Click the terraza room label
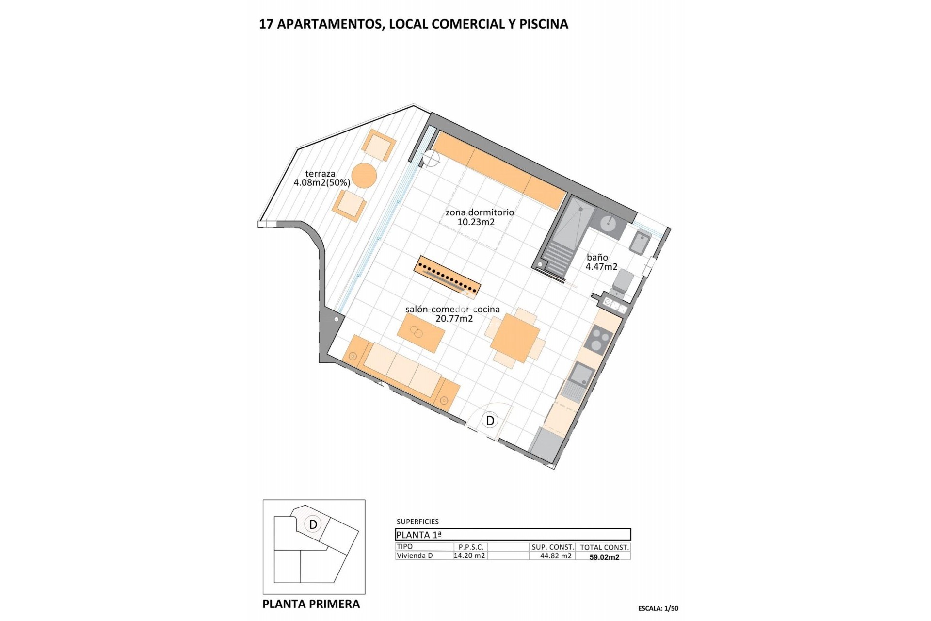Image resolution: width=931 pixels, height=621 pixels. click(x=320, y=174)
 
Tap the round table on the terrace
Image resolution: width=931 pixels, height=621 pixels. click(x=364, y=176)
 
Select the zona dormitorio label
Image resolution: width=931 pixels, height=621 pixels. click(x=480, y=212)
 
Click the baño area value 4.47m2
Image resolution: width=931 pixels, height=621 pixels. click(x=601, y=267)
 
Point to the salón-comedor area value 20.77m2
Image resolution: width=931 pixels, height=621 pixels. click(x=454, y=319)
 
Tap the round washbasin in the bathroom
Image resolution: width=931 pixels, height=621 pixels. click(x=608, y=224)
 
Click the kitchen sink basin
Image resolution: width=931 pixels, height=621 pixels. click(x=581, y=374)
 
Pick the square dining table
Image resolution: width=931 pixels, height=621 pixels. click(x=515, y=338)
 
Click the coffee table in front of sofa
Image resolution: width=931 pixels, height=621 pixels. click(x=421, y=333)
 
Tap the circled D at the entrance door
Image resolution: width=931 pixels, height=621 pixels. click(x=490, y=420)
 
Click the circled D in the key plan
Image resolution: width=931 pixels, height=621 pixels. click(x=313, y=524)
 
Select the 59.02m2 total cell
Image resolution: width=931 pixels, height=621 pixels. click(x=604, y=557)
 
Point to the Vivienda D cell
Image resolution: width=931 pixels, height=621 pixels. click(x=415, y=556)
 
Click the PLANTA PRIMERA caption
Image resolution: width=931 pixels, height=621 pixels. click(x=311, y=604)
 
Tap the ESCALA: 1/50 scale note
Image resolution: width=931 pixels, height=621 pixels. click(x=658, y=608)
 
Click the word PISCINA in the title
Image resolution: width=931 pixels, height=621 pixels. click(x=544, y=24)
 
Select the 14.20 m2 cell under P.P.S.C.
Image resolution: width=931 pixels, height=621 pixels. click(x=469, y=556)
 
